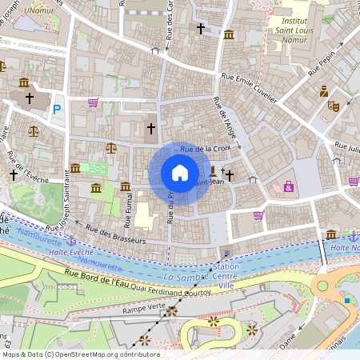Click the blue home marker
[180, 173]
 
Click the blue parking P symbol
[57, 110]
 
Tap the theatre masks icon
[334, 105]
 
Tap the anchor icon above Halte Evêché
[70, 239]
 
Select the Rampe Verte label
[145, 306]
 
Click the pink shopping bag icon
[289, 186]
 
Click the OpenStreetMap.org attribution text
[104, 354]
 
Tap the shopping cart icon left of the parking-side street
[93, 102]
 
